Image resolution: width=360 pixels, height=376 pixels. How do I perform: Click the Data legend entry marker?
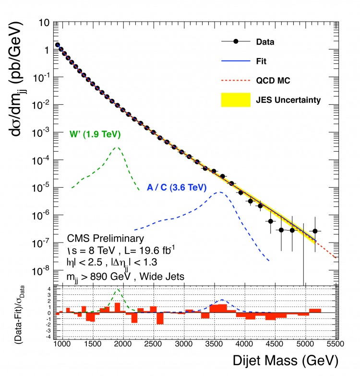(x=236, y=42)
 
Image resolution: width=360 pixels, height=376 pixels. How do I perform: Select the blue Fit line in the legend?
(x=236, y=61)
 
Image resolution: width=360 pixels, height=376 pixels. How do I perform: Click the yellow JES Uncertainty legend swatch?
(x=236, y=99)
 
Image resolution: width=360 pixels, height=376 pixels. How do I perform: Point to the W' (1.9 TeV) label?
(x=95, y=134)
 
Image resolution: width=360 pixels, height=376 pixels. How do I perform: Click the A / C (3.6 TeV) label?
(x=175, y=187)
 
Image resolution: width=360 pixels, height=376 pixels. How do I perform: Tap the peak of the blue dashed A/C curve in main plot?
(x=220, y=192)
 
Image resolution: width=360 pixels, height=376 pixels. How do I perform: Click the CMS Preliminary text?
(x=105, y=239)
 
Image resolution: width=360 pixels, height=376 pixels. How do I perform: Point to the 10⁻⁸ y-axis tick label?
(x=44, y=271)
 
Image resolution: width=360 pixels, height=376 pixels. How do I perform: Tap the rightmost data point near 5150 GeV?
(x=315, y=231)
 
